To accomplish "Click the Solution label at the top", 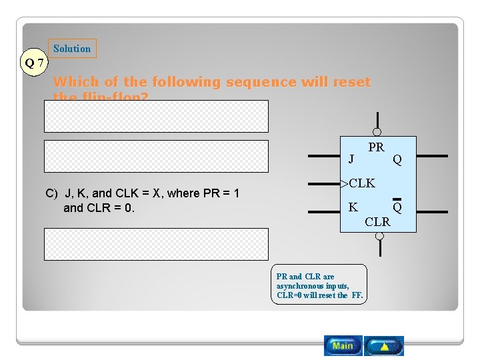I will point(72,48).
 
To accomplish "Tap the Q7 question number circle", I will point(34,63).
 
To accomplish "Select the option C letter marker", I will point(51,193).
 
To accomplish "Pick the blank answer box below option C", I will point(156,244).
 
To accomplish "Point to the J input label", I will point(351,159).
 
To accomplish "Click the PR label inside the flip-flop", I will point(376,147).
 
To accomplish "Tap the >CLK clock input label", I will point(359,183).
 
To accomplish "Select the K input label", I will point(353,207).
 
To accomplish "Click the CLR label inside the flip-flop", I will point(377,221).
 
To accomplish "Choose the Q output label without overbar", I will point(397,159).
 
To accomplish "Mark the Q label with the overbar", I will point(397,207).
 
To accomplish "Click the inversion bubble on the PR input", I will point(377,132).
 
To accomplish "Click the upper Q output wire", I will point(432,156).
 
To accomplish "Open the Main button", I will point(343,345).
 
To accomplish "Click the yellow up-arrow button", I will point(385,345).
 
